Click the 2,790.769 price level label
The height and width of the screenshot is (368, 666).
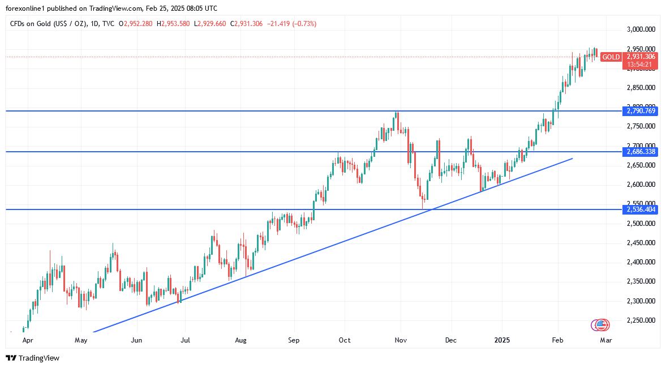[641, 111]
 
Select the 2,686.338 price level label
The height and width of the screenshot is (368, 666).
[641, 152]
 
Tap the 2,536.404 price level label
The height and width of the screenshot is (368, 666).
[641, 209]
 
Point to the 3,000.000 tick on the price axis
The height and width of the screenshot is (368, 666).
[641, 29]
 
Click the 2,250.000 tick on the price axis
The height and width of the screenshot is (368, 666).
[641, 320]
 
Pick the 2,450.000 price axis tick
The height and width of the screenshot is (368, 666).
[641, 243]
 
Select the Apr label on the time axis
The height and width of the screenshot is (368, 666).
[27, 340]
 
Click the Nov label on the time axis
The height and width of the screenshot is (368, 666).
[401, 340]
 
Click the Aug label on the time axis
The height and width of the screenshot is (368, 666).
[241, 340]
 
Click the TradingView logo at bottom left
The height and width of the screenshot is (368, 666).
[32, 358]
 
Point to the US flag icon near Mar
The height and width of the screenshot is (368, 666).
[602, 325]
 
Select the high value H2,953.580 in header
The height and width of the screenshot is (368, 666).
[174, 23]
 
